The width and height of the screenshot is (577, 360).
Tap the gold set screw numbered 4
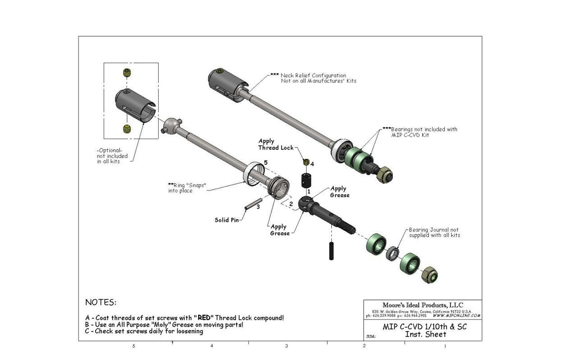tap(306, 162)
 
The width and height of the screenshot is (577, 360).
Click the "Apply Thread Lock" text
tap(275, 144)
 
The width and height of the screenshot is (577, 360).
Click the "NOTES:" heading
tap(101, 302)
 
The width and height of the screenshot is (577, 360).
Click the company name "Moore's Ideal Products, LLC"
tap(422, 305)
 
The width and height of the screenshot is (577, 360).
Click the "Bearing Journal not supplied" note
tap(434, 232)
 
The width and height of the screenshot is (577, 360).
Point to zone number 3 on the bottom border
tap(287, 346)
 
